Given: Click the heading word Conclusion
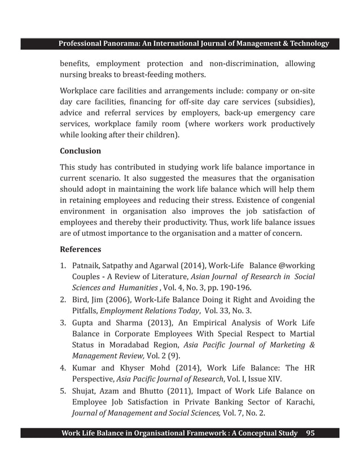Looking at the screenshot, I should (x=80, y=151).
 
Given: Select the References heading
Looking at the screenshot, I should (x=80, y=249).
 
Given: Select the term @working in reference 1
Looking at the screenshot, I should (x=295, y=266).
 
